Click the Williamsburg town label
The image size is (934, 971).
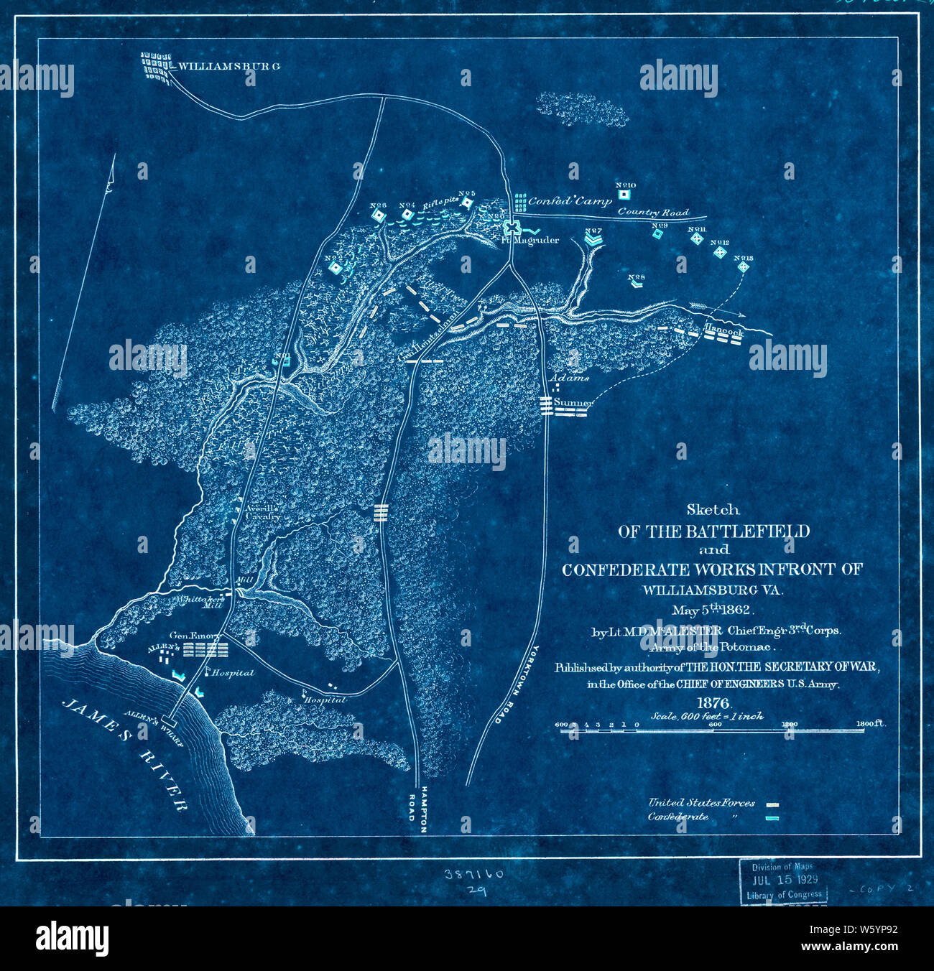click(x=228, y=66)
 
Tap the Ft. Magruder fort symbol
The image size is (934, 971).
click(x=512, y=227)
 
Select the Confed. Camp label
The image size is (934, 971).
click(x=570, y=202)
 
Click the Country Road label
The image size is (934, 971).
click(x=652, y=212)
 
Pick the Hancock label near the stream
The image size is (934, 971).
click(x=723, y=333)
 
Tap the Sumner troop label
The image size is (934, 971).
click(x=573, y=404)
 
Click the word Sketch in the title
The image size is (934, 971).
click(x=712, y=510)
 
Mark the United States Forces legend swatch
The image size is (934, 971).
click(x=773, y=805)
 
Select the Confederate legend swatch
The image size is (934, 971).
click(x=773, y=818)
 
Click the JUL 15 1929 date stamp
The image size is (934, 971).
click(x=783, y=880)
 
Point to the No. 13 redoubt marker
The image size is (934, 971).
click(x=744, y=266)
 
